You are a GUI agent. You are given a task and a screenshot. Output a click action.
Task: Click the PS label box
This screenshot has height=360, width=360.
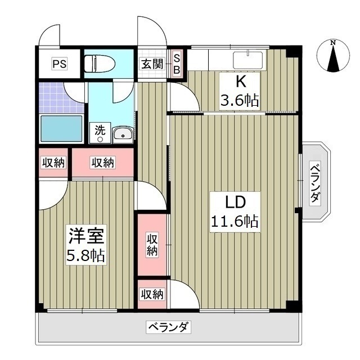tap(59, 64)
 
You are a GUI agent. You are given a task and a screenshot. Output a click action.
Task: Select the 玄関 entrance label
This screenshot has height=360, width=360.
tap(152, 64)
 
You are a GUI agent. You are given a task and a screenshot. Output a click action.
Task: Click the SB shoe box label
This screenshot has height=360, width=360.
tap(176, 64)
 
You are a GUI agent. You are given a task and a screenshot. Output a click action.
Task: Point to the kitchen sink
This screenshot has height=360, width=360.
tap(248, 58)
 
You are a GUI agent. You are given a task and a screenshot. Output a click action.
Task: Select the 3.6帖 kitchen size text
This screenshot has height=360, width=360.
tap(239, 101)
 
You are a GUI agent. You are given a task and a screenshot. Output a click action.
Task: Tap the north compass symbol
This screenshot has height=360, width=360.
tap(333, 56)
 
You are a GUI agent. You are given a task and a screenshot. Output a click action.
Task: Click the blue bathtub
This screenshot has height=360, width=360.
tap(61, 129)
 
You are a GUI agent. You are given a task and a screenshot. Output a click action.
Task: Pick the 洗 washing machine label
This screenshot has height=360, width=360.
tap(100, 129)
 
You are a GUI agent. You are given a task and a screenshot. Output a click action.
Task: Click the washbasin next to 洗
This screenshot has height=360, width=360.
tap(123, 133)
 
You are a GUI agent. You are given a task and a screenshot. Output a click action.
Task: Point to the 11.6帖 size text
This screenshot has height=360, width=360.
tap(235, 221)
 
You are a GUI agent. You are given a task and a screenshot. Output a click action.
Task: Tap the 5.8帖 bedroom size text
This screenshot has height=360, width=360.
tap(85, 256)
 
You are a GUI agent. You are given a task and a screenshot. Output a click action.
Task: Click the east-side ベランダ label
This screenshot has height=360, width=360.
tap(316, 182)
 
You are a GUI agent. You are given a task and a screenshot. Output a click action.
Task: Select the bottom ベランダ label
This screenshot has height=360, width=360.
tap(168, 327)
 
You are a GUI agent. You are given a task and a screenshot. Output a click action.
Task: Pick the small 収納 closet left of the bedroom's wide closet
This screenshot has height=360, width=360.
tap(53, 163)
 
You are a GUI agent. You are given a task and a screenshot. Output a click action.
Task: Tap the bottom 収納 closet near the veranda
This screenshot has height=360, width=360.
tap(152, 294)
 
